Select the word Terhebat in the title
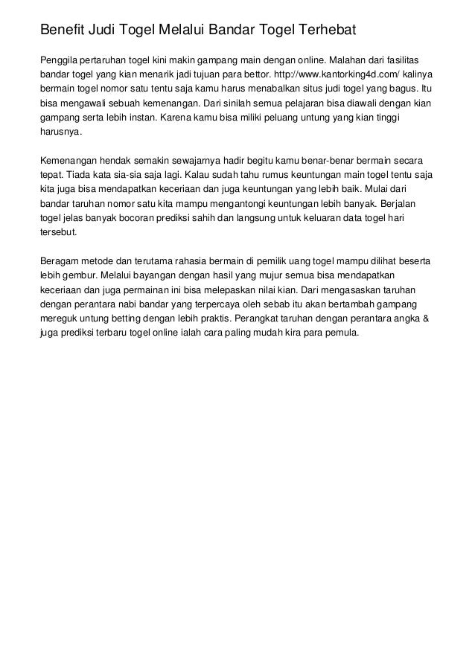[x=328, y=30]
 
